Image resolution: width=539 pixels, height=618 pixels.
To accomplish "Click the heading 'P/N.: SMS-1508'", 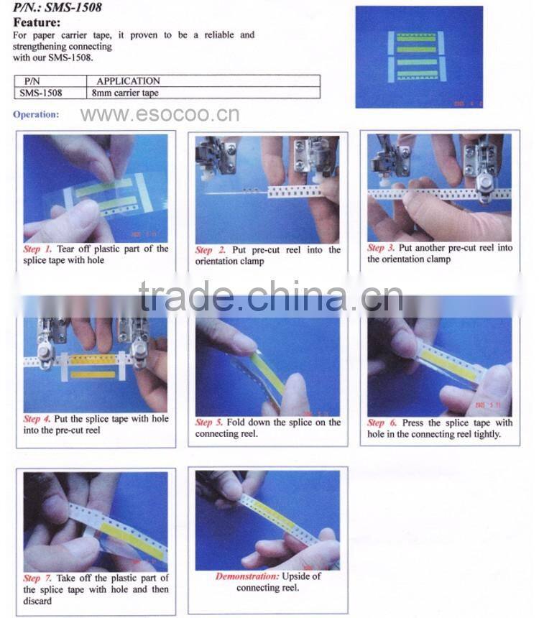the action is click(x=57, y=7).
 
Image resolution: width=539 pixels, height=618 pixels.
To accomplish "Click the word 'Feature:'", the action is click(x=37, y=22).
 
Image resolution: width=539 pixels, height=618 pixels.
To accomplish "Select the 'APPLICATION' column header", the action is click(x=128, y=80).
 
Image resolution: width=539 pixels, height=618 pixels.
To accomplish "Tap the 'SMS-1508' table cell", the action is click(x=41, y=93).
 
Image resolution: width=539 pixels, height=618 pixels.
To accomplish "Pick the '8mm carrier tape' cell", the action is click(x=125, y=93).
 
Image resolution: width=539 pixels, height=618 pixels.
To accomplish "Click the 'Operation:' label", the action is click(x=36, y=114).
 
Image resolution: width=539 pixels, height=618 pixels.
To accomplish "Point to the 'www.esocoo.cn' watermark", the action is click(x=160, y=114).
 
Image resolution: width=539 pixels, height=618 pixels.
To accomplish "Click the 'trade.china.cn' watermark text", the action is click(x=271, y=297).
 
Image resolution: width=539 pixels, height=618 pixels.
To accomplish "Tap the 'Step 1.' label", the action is click(x=37, y=249).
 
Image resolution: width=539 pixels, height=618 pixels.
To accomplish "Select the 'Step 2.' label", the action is click(x=210, y=250).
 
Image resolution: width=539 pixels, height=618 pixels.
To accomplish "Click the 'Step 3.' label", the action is click(x=381, y=247).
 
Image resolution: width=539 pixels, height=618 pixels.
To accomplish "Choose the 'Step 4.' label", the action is click(x=37, y=418).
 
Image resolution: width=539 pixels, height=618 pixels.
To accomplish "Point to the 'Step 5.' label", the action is click(x=209, y=422).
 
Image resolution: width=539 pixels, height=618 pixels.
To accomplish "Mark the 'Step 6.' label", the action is click(x=382, y=423).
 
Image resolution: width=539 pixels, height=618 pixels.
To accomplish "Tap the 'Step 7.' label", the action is click(x=37, y=578).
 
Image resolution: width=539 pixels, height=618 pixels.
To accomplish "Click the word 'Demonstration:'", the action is click(x=247, y=576).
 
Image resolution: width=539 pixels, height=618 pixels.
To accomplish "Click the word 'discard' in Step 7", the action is click(x=37, y=601).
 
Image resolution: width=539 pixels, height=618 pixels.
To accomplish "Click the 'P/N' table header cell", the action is click(x=32, y=81).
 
